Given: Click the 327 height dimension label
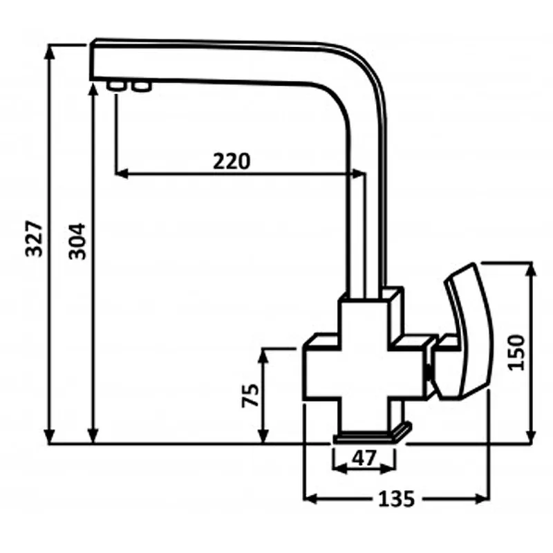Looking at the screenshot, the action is pos(35,238).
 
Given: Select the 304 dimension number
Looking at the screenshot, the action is pos(77,241).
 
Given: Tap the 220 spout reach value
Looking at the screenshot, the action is pos(232,161).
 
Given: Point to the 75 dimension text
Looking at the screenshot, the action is pos(250,395).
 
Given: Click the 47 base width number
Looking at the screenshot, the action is pos(365,458).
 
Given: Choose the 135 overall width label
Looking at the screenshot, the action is pos(396,499).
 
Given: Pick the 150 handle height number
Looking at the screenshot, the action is pos(516,353).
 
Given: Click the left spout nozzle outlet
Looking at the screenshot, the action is pos(116,86).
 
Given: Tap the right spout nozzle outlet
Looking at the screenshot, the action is pos(142,86).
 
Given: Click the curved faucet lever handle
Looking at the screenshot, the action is pos(465,332).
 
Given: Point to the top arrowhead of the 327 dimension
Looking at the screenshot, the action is pos(50,53).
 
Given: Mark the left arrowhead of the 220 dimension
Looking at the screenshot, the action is pos(122,174).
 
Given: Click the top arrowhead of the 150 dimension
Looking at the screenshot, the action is pos(532,270).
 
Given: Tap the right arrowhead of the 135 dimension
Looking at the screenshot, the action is pos(483,499).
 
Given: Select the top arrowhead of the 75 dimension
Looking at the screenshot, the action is pos(263,356).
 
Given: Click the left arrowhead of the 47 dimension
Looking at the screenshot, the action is pos(340,469).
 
